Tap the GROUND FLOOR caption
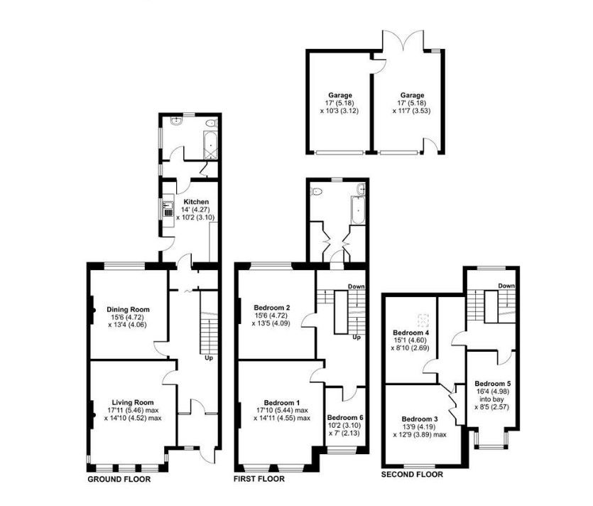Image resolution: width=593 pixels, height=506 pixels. click(x=119, y=479)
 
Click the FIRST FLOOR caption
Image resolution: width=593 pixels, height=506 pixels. click(x=259, y=479)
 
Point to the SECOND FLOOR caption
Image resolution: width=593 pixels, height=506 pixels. click(x=412, y=474)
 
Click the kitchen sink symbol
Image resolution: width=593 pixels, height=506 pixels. click(x=167, y=208)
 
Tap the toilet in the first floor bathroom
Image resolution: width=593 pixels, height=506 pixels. click(x=317, y=191)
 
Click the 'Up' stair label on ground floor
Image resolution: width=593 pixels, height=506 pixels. click(x=209, y=357)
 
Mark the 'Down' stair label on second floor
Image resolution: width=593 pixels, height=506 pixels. click(x=506, y=286)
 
